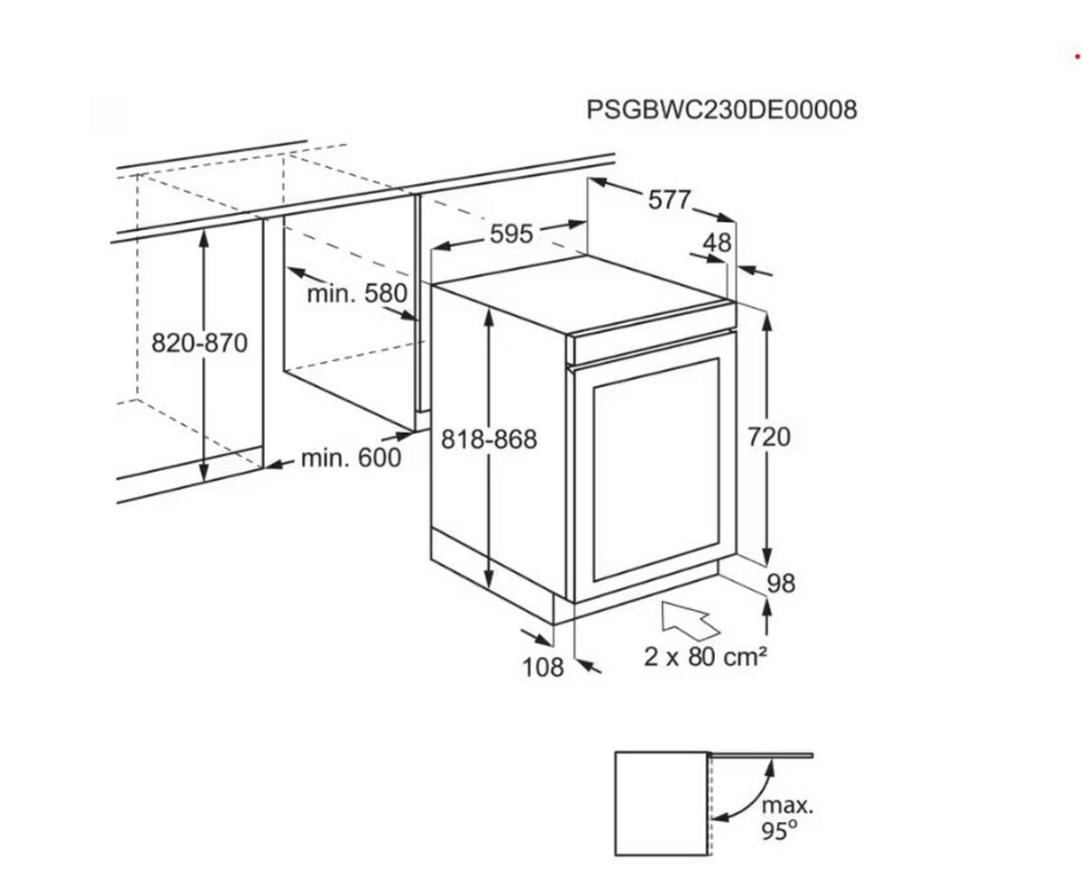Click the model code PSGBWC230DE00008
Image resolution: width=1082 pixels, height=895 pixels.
coord(721,110)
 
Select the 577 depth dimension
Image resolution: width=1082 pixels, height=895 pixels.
coord(670,199)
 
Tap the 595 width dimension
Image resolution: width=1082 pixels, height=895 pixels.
coord(511,234)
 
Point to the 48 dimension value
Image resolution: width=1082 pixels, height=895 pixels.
coord(717,242)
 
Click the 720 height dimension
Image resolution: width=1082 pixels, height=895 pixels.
coord(769,437)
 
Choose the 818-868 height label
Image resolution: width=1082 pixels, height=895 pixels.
coord(489,439)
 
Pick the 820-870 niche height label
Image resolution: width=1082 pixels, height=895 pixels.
coord(199,343)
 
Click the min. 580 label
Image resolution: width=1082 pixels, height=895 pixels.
coord(357,293)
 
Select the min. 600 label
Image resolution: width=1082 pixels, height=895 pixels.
coord(351,457)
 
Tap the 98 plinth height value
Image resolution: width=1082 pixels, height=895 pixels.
coord(781,584)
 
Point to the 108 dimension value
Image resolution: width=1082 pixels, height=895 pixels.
coord(543,668)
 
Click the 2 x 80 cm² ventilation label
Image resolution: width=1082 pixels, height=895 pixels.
coord(705,657)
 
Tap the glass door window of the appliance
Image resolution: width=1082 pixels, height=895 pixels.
coord(656,469)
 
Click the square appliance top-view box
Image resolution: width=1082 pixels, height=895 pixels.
coord(661,803)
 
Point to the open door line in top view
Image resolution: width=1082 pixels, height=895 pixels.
coord(760,754)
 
